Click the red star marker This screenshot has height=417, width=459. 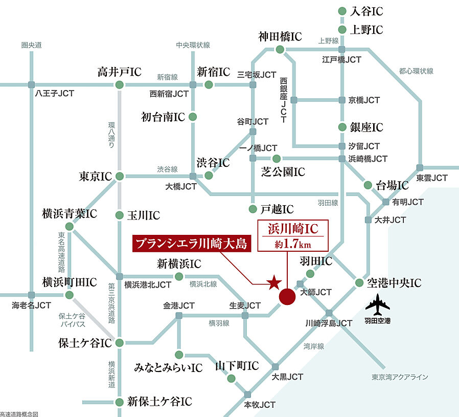pyautogui.click(x=274, y=281)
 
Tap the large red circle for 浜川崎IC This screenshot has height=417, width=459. pyautogui.click(x=287, y=296)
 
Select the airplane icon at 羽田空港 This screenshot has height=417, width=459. pyautogui.click(x=378, y=306)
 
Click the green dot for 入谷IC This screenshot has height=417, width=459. pyautogui.click(x=342, y=11)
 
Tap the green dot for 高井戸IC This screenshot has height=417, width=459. pyautogui.click(x=119, y=84)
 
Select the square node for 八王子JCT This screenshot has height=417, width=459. pyautogui.click(x=32, y=84)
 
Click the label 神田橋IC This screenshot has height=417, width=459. pyautogui.click(x=280, y=37)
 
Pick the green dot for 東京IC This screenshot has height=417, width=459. pyautogui.click(x=119, y=177)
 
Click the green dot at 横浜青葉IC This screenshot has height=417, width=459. pyautogui.click(x=70, y=226)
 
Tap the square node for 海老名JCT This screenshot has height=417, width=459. pyautogui.click(x=32, y=295)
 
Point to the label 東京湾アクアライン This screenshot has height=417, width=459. pyautogui.click(x=400, y=377)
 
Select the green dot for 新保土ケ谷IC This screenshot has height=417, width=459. pyautogui.click(x=119, y=402)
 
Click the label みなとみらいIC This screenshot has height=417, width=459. pyautogui.click(x=168, y=368)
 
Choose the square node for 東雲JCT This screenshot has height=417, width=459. pyautogui.click(x=420, y=168)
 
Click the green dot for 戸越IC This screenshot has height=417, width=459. pyautogui.click(x=252, y=209)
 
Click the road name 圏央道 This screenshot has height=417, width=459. pyautogui.click(x=32, y=46)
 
